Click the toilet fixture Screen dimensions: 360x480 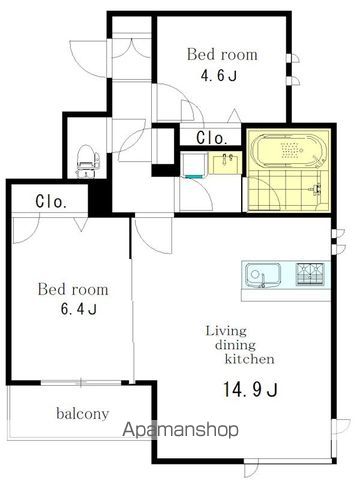click(x=87, y=161)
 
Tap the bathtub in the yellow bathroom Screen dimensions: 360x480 click(x=289, y=150)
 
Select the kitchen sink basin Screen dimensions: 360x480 click(x=262, y=275)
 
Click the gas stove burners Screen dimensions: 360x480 click(x=310, y=274)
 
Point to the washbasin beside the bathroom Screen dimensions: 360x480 click(x=225, y=163)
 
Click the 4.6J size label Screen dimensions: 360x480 click(x=219, y=76)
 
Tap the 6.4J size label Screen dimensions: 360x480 click(x=79, y=310)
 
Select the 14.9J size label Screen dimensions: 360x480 click(x=250, y=389)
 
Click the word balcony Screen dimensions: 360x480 click(x=83, y=414)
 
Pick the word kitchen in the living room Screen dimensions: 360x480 click(x=250, y=359)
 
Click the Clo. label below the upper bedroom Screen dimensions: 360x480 click(x=212, y=138)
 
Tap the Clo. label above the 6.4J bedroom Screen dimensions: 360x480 click(x=51, y=202)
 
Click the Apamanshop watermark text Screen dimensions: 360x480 click(x=180, y=429)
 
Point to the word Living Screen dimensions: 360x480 click(x=226, y=331)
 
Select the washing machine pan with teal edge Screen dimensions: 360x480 click(x=194, y=165)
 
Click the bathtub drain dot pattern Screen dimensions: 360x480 click(x=292, y=149)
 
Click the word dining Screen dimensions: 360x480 click(x=235, y=345)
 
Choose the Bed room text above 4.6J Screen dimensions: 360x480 click(x=222, y=55)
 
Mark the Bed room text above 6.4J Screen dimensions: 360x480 click(x=73, y=289)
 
